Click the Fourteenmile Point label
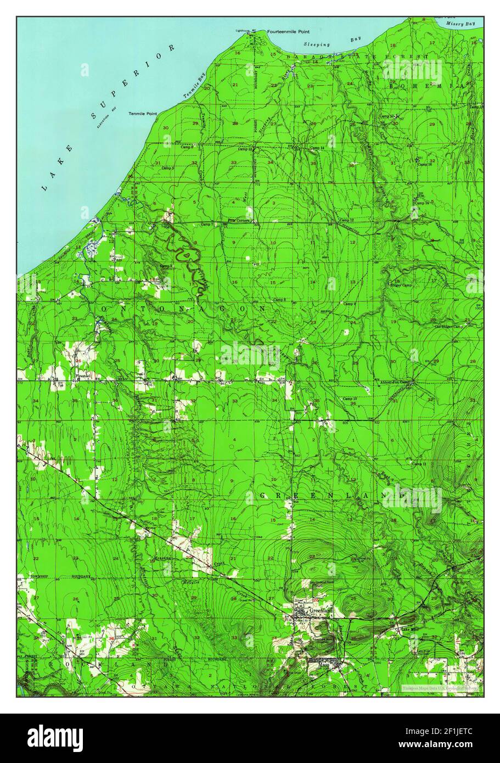284,32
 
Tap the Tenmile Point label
142,114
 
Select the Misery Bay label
460,25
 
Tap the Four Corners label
239,221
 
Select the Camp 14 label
317,148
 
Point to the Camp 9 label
350,304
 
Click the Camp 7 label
206,224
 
